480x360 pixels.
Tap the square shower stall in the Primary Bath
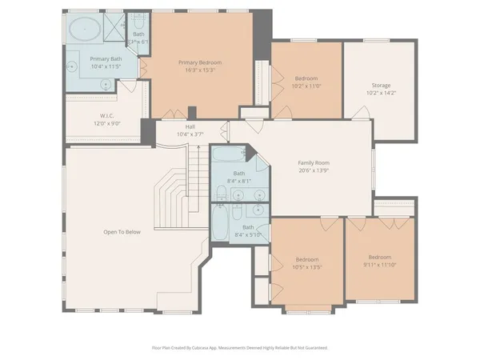tap(114, 28)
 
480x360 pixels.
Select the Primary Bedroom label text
tap(199, 62)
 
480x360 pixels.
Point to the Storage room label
tap(381, 86)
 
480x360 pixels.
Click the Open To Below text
tap(122, 232)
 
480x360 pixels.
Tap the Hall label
tap(190, 126)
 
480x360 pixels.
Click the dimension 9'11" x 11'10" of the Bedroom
tap(379, 265)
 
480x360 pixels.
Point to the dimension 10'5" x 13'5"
tap(307, 267)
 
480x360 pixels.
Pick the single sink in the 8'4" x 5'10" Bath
tap(258, 210)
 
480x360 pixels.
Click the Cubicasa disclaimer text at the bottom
tap(239, 348)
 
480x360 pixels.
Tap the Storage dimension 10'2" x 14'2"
tap(381, 93)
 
